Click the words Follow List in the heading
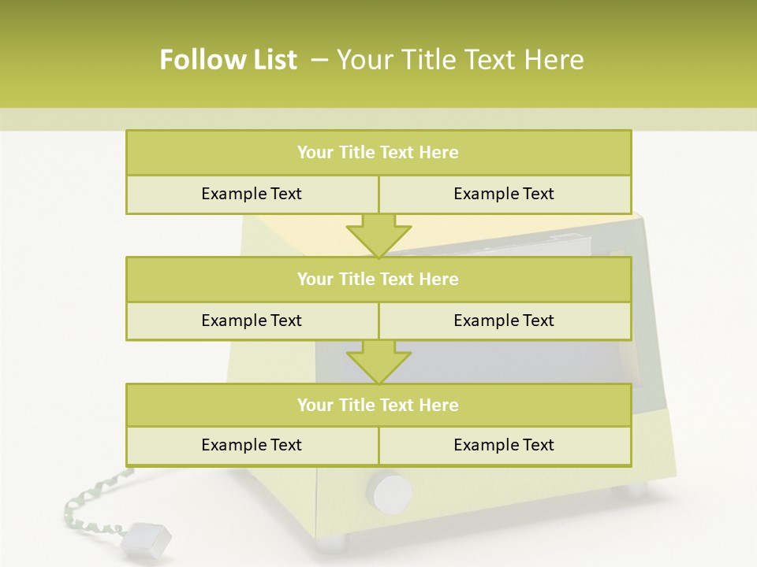[229, 60]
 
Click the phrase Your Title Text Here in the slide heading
[460, 60]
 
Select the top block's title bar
[378, 153]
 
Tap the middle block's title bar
[378, 279]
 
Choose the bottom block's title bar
[378, 405]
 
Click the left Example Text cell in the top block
[252, 194]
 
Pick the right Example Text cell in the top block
[504, 194]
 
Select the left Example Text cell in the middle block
[252, 321]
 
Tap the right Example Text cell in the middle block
[504, 321]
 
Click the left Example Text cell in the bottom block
[252, 445]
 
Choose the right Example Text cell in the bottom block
[504, 445]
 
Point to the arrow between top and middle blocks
[378, 235]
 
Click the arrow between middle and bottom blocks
[378, 361]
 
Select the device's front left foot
[331, 543]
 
